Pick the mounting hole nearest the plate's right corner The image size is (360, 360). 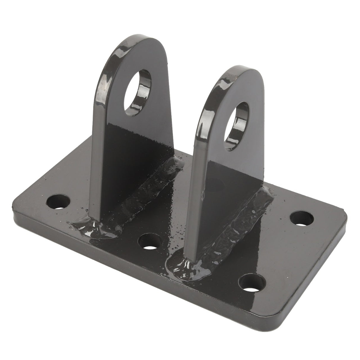[x=302, y=219]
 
